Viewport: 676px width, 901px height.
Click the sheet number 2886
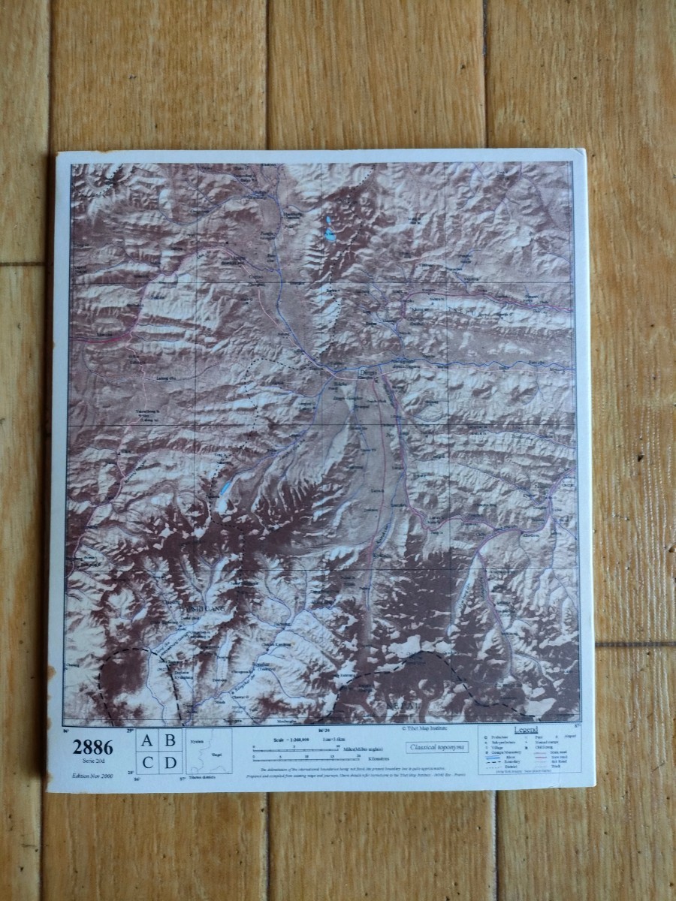pos(92,747)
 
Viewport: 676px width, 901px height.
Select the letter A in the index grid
pos(147,740)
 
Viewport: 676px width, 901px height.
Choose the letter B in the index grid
pos(171,740)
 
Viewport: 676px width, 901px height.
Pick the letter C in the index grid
pos(147,764)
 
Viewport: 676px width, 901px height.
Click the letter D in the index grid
pos(171,764)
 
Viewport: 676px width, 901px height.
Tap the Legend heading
pos(525,730)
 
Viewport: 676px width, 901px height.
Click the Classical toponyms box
pos(437,747)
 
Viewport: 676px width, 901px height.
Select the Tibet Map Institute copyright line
pos(427,728)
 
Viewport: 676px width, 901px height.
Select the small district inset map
pos(210,751)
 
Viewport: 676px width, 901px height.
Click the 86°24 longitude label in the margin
pos(324,729)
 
